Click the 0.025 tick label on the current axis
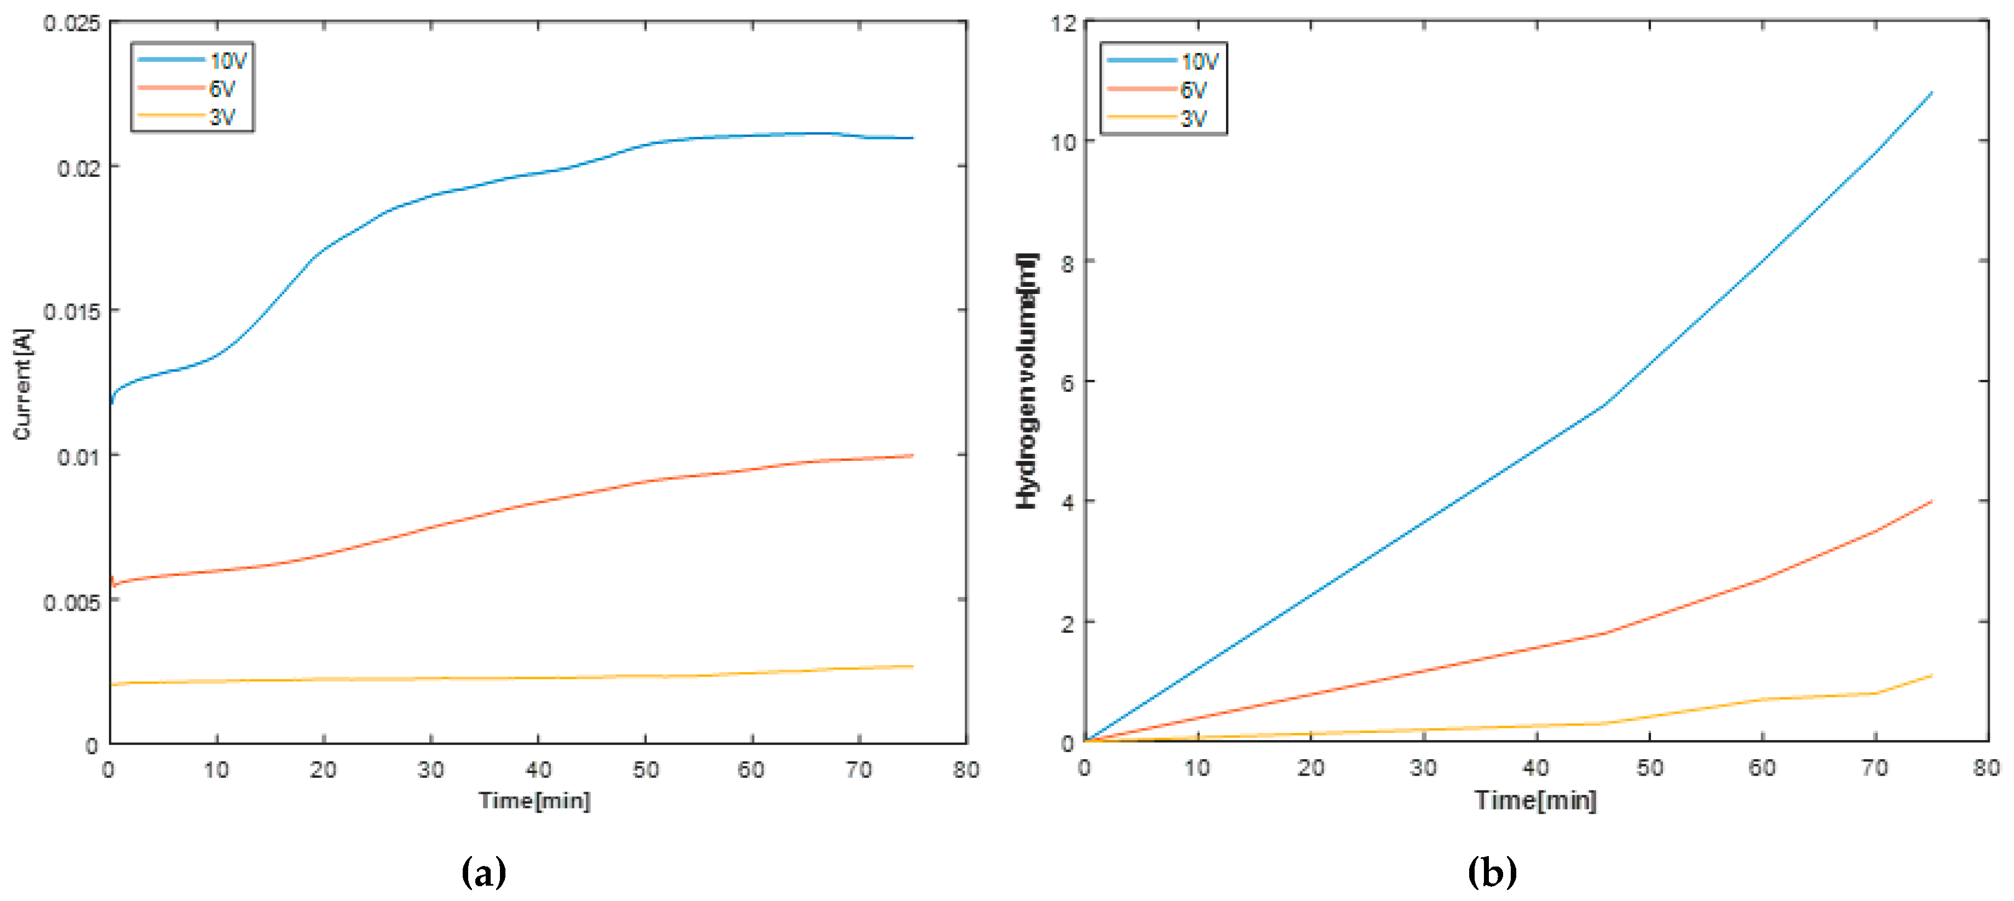click(72, 24)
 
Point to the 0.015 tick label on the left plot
click(72, 312)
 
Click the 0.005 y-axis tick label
click(72, 603)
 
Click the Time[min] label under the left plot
click(535, 800)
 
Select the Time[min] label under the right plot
click(1535, 800)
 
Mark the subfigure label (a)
click(484, 871)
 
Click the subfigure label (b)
click(1492, 871)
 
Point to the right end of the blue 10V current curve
click(912, 138)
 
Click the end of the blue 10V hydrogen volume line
click(1932, 93)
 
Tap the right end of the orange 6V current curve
click(912, 455)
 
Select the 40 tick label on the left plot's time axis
click(538, 770)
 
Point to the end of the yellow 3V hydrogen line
click(1932, 675)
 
